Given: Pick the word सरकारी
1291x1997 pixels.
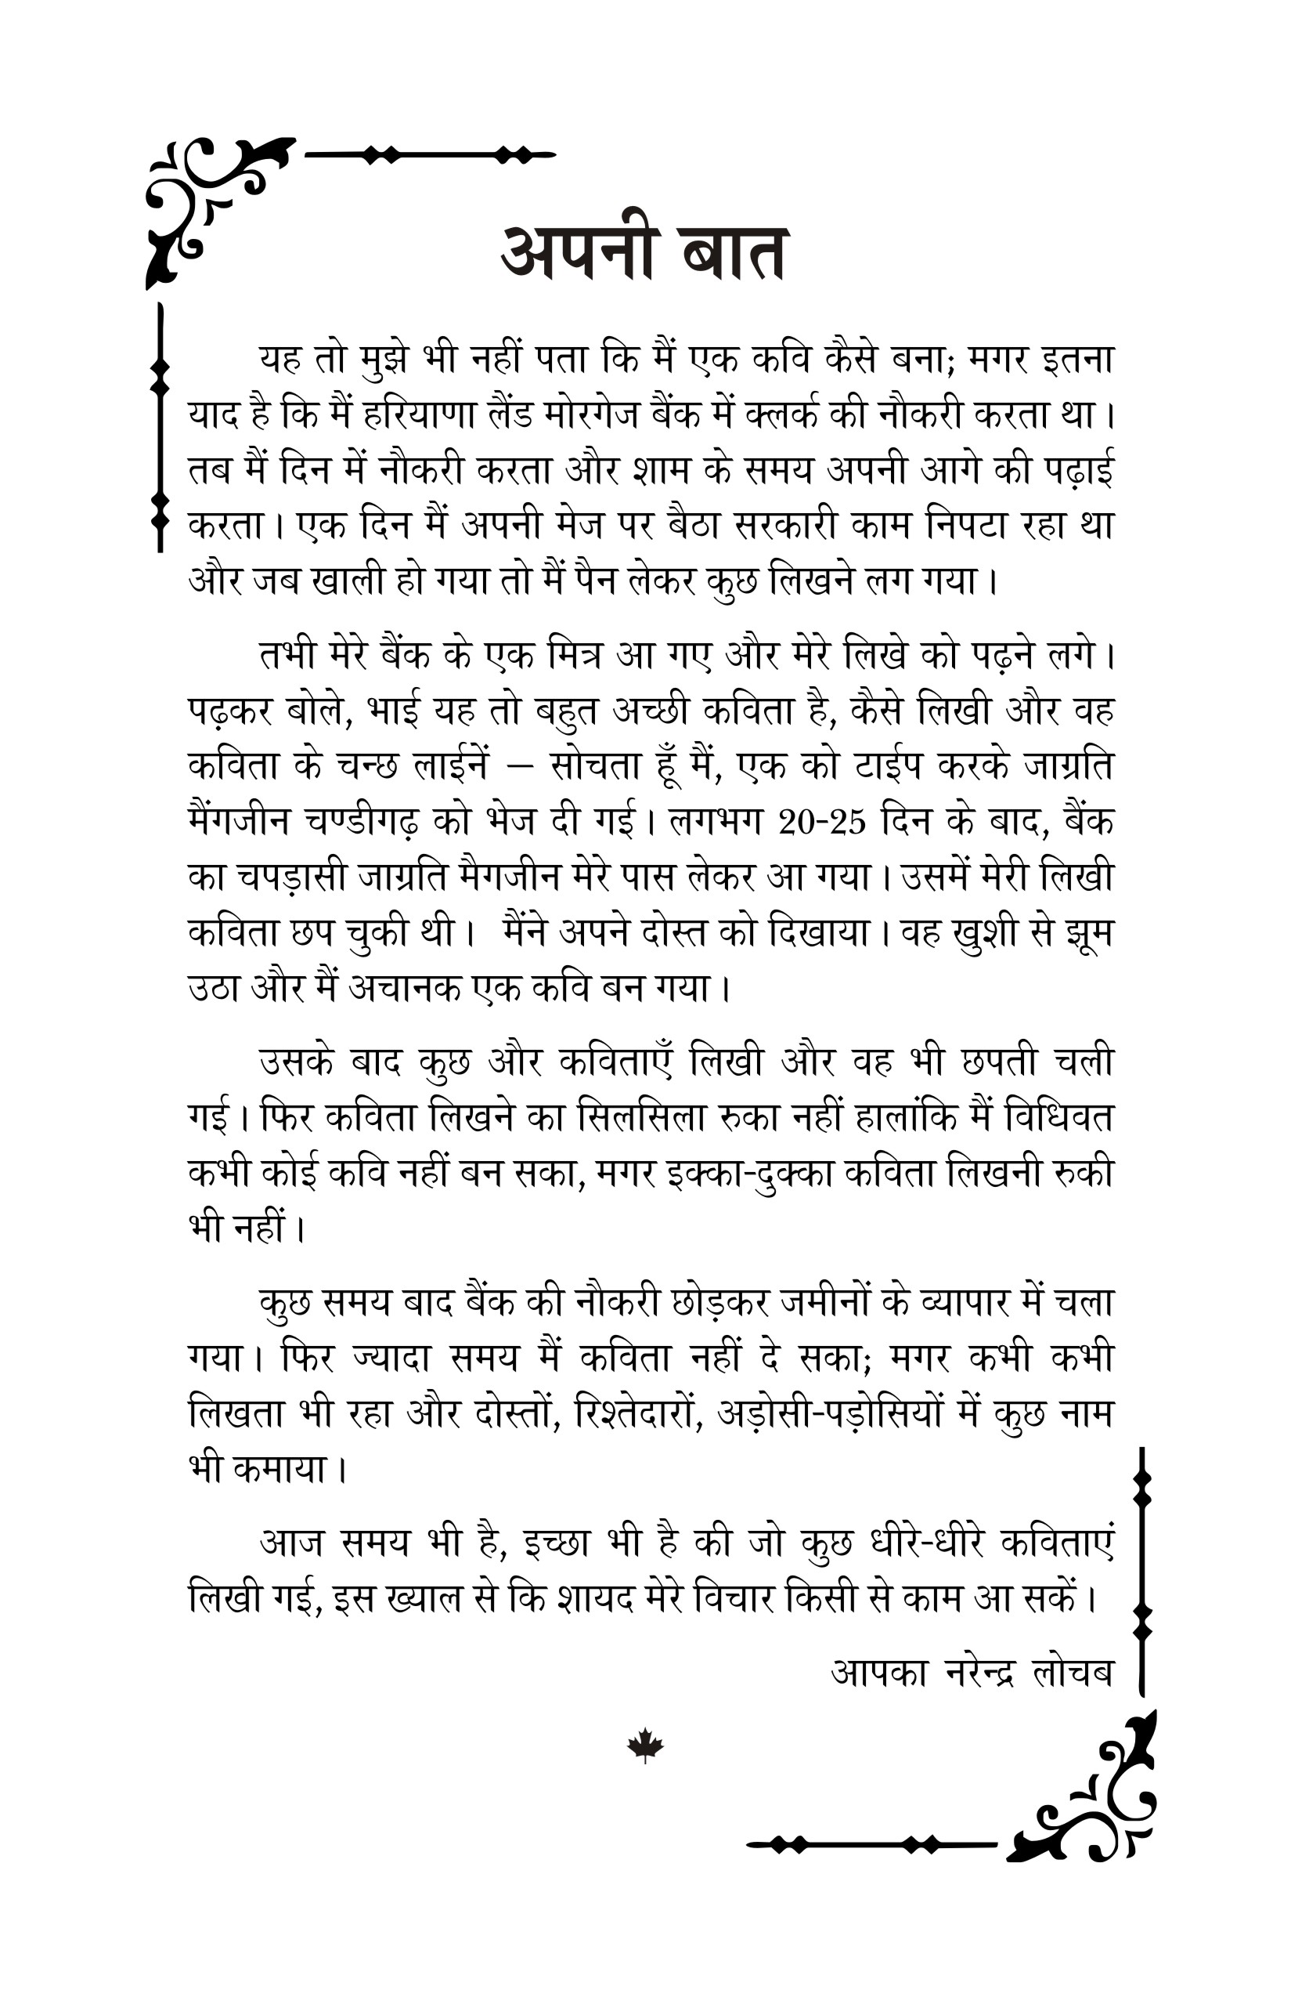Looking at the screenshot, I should (784, 526).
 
